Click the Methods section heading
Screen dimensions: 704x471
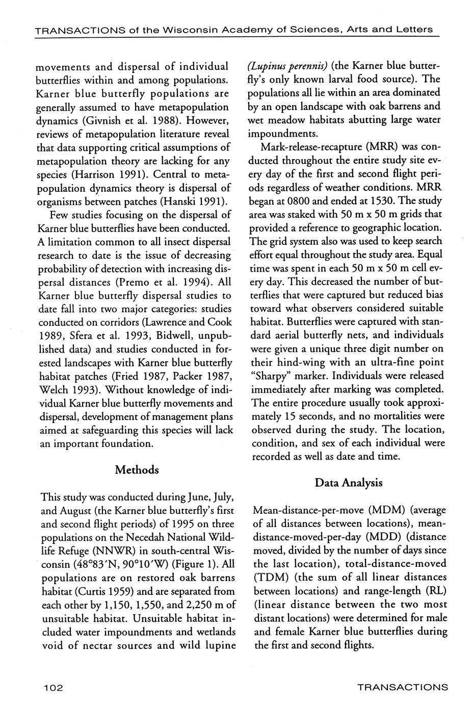click(x=137, y=470)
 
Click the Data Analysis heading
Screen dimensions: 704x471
click(x=348, y=483)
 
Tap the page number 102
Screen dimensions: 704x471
click(x=53, y=688)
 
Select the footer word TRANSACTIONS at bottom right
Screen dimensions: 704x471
click(x=402, y=687)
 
